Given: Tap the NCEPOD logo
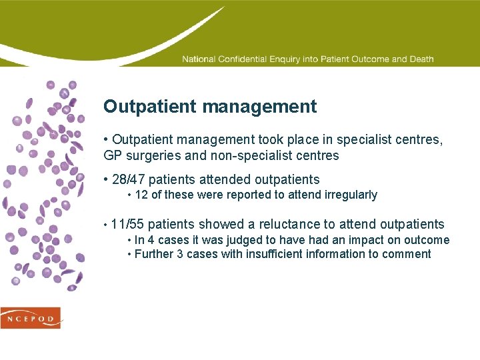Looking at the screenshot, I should (31, 318).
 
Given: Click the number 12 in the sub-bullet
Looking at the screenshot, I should (141, 195).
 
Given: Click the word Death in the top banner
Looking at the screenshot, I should (421, 59).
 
